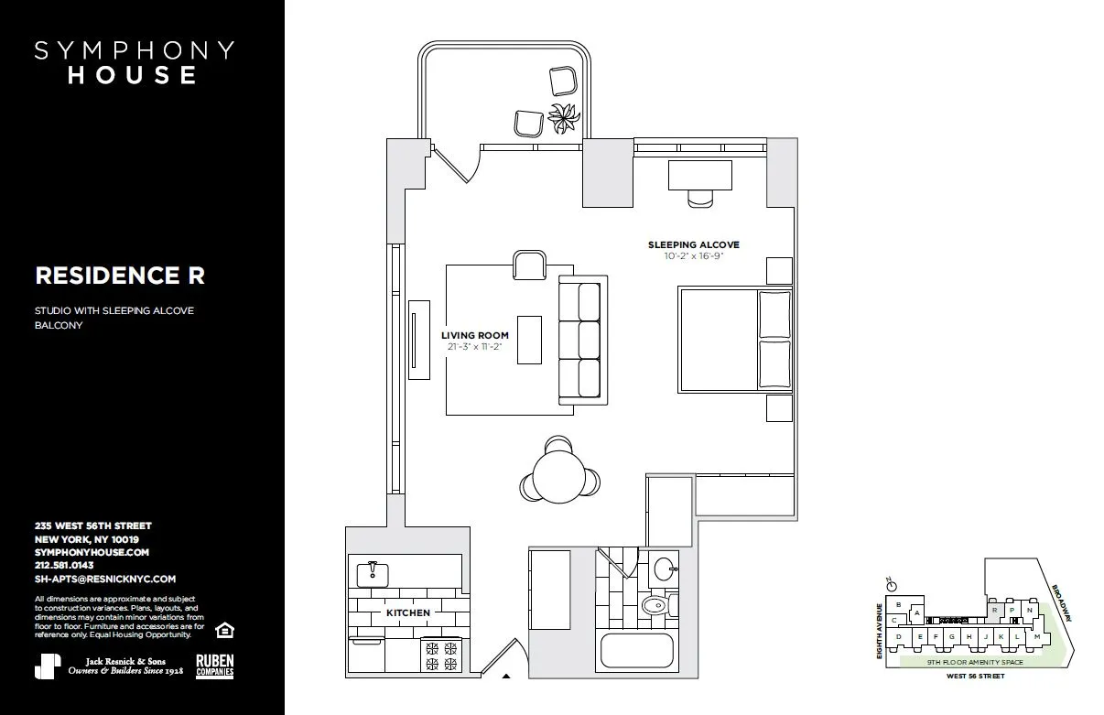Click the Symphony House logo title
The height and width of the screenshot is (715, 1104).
coord(134,62)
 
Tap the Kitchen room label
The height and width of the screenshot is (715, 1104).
coord(407,612)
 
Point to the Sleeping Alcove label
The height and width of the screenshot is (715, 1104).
coord(693,245)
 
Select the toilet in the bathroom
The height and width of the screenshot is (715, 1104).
coord(655,605)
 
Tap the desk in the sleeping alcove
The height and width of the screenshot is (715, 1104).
coord(699,174)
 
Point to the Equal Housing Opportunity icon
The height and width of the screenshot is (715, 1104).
coord(222,630)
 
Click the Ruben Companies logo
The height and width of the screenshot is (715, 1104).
coord(214,666)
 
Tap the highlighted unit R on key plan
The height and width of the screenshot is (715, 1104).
coord(994,610)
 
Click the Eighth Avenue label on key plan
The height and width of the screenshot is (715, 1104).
coord(880,632)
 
